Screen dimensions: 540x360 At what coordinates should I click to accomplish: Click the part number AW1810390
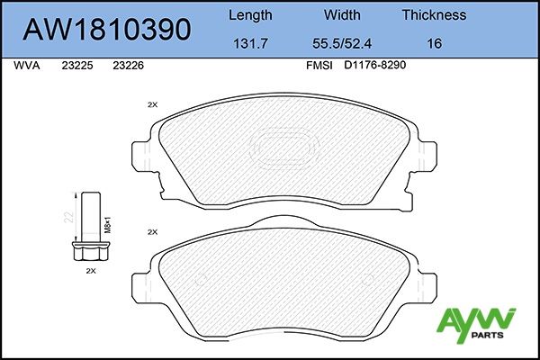pyautogui.click(x=107, y=29)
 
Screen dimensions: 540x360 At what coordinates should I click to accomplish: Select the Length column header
pyautogui.click(x=250, y=15)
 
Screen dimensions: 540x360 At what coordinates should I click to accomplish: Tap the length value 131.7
pyautogui.click(x=250, y=43)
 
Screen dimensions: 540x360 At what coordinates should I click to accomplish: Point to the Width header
pyautogui.click(x=342, y=14)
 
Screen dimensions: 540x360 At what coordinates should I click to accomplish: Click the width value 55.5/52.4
pyautogui.click(x=342, y=43)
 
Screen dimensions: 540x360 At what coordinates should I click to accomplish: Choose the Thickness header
pyautogui.click(x=435, y=14)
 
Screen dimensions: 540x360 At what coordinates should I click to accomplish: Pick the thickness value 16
pyautogui.click(x=435, y=43)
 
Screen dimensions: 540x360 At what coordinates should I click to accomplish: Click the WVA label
pyautogui.click(x=27, y=66)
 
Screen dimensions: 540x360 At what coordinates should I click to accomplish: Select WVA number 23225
pyautogui.click(x=77, y=66)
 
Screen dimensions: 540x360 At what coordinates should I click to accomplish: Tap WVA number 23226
pyautogui.click(x=128, y=66)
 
